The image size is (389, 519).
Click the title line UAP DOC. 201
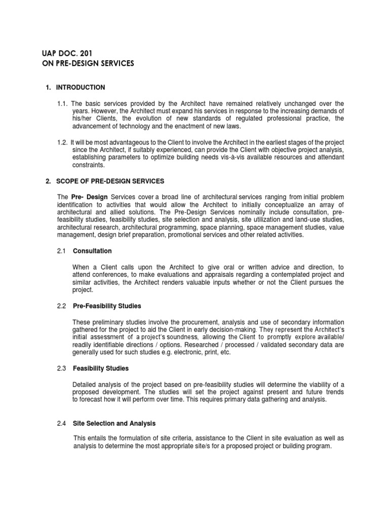point(66,53)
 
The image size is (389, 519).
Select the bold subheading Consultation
point(92,251)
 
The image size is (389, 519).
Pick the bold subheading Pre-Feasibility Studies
point(107,306)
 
